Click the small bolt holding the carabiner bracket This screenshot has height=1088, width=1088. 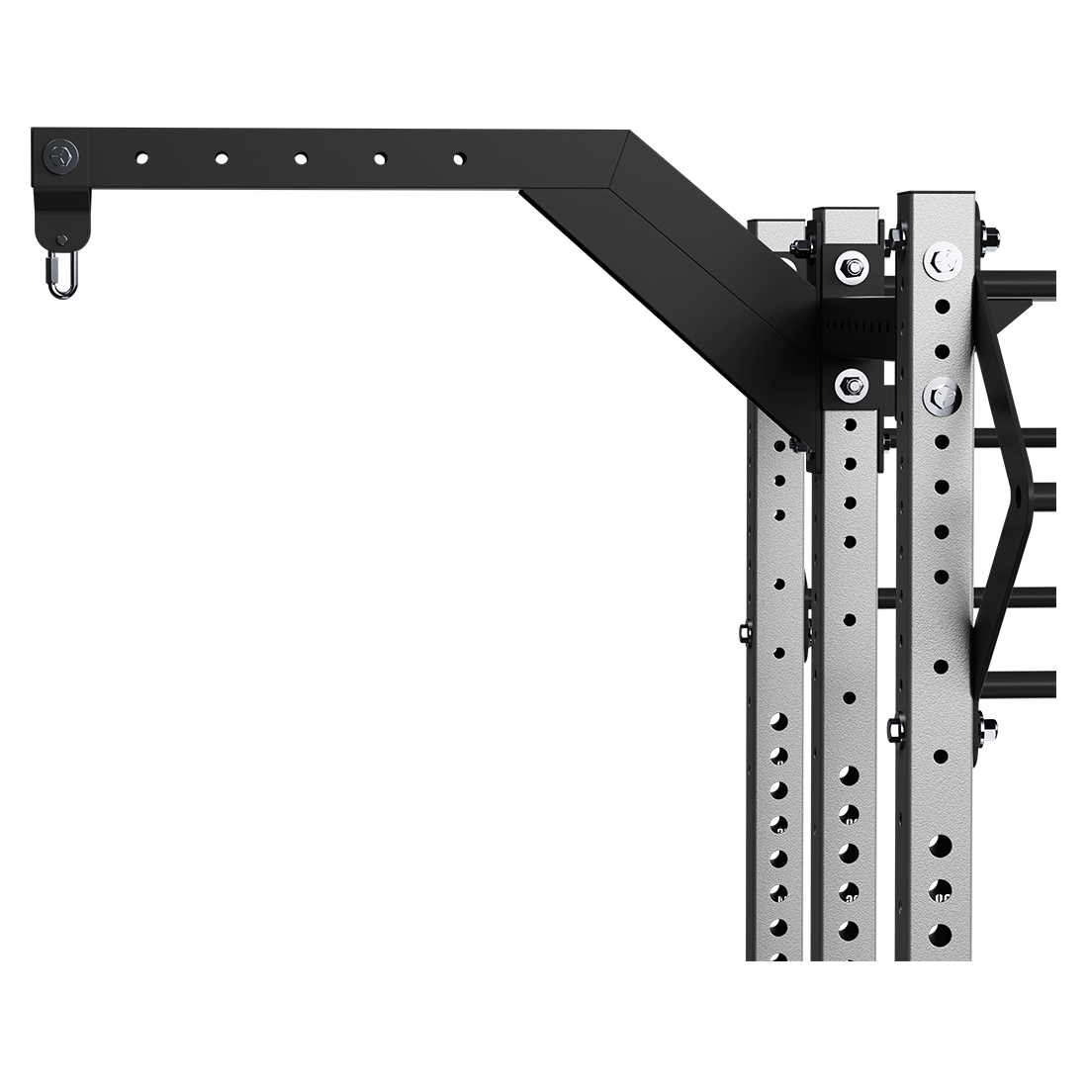tap(62, 239)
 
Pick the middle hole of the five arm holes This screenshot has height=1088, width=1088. tap(300, 156)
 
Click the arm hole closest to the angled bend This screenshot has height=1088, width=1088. tap(458, 156)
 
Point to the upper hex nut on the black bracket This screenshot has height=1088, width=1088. tap(850, 264)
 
